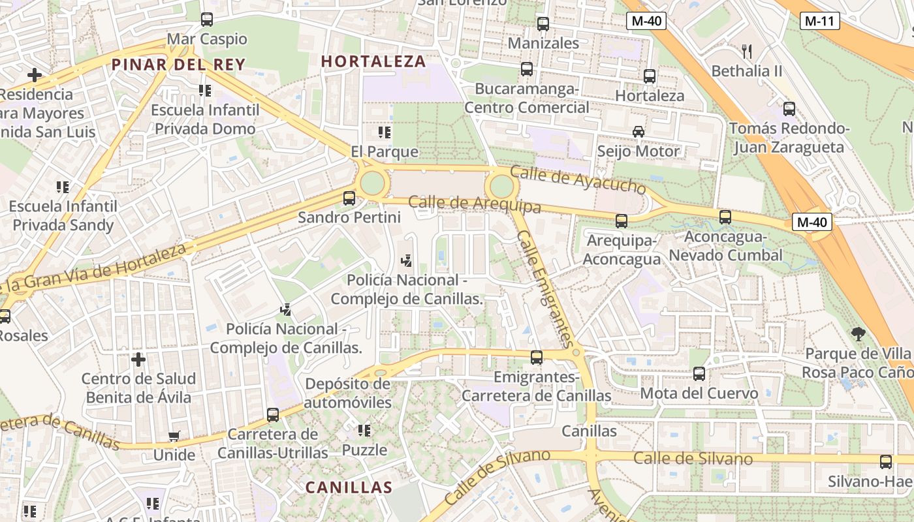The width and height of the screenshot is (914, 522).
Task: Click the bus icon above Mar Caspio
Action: point(207,20)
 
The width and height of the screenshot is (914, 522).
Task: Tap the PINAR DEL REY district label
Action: point(178,65)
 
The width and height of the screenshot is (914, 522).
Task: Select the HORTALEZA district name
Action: point(373,62)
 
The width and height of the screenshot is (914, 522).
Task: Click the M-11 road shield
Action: point(819,21)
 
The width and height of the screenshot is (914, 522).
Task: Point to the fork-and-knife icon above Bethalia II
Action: point(747,51)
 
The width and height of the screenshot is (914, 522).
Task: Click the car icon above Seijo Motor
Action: point(638,132)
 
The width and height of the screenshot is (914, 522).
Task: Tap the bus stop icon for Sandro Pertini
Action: point(349,198)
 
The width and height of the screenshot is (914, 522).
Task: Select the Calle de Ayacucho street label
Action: point(578,179)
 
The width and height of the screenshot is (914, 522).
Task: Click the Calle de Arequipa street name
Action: point(475,204)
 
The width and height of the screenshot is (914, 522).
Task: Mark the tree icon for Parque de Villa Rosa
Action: point(858,334)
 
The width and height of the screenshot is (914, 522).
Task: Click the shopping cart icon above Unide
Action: point(174,436)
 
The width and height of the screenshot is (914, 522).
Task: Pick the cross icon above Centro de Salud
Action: point(138,359)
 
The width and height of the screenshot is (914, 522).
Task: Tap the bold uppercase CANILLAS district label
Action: point(349,487)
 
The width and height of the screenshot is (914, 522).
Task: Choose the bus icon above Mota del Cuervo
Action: point(699,374)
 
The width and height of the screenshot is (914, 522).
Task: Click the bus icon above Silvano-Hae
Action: point(886,462)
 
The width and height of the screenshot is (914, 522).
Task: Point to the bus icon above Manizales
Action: point(543,24)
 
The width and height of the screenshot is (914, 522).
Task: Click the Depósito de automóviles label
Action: point(347,393)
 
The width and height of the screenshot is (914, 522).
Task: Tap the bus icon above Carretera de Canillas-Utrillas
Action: point(273,414)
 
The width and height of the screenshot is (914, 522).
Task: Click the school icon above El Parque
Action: point(385,132)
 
